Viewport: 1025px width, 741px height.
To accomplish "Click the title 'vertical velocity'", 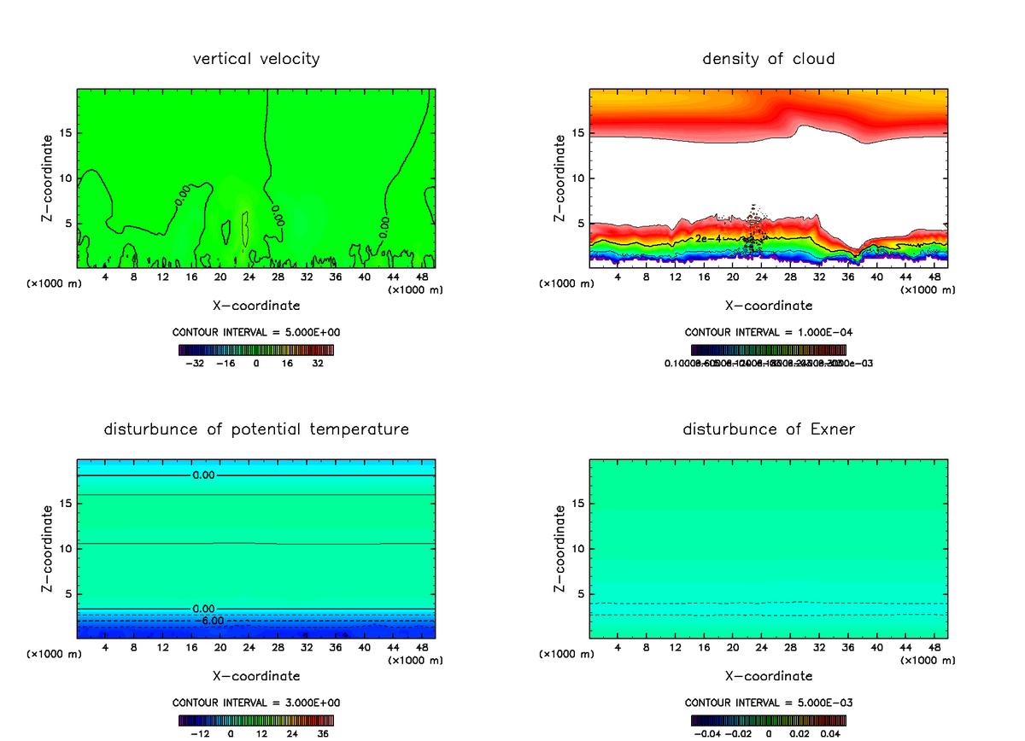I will [256, 59].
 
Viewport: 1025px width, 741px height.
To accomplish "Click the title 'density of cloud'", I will [769, 59].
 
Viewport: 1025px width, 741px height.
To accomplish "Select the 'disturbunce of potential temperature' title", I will [256, 429].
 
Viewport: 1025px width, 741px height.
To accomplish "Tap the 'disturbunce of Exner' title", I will [769, 429].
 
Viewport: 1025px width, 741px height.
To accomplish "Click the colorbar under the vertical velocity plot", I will [256, 350].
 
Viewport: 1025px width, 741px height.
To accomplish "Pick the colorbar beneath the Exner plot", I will [769, 721].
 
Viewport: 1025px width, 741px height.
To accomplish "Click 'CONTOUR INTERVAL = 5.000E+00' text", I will [256, 332].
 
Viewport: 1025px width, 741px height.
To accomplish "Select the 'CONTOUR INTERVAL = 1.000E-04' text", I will [769, 332].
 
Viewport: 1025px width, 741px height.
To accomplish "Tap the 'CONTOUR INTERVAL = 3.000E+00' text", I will [256, 703].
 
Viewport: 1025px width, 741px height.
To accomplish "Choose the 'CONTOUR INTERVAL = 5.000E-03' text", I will [769, 703].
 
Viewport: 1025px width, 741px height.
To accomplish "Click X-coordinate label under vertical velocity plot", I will [256, 305].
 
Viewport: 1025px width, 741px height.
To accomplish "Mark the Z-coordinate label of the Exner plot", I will [560, 548].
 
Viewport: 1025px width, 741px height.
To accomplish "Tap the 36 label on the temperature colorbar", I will [323, 733].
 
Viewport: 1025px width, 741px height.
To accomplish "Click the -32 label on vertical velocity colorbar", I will [195, 363].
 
